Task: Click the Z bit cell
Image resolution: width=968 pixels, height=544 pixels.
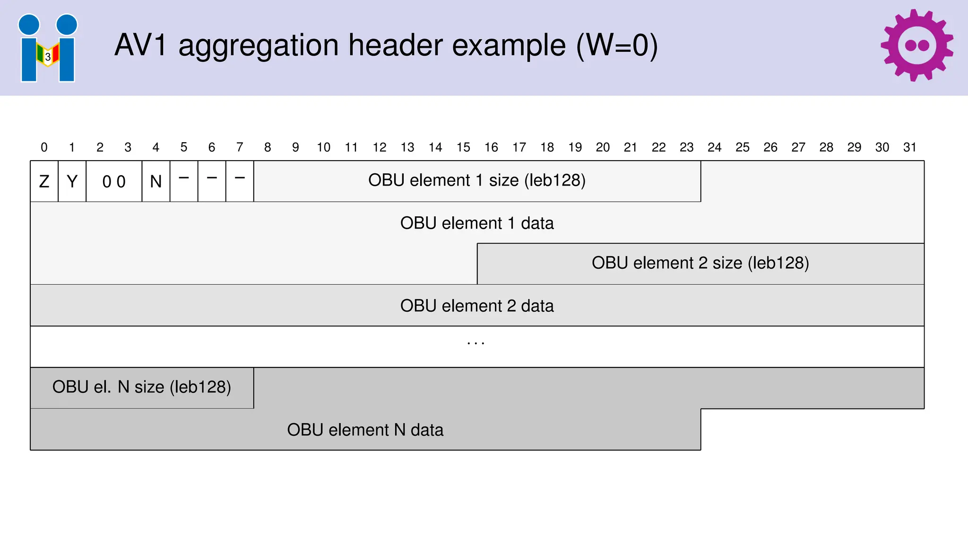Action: point(44,181)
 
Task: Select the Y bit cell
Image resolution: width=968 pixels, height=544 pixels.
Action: point(72,181)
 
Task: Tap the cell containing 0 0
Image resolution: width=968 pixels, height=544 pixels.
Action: point(114,181)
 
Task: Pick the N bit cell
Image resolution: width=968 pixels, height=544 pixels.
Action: point(156,181)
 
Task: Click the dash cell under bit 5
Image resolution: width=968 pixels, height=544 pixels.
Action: point(184,181)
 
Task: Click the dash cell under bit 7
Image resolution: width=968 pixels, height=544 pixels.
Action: point(240,181)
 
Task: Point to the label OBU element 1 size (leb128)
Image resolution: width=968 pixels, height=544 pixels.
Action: point(477,180)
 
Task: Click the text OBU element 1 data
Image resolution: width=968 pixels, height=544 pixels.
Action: point(477,223)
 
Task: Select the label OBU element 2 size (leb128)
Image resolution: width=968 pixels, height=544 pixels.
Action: point(700,263)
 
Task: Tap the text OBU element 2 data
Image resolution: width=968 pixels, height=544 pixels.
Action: point(477,306)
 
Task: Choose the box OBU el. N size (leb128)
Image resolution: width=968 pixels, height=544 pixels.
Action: point(142,387)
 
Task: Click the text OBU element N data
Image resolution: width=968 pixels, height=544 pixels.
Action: point(365,430)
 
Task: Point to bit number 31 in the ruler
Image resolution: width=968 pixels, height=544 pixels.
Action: point(910,147)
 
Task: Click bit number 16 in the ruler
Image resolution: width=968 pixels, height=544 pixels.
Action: point(491,147)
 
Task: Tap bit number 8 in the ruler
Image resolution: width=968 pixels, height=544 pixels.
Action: point(268,147)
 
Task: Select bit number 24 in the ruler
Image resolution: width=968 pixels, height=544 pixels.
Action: point(714,147)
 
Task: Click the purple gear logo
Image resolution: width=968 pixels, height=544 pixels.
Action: point(916,45)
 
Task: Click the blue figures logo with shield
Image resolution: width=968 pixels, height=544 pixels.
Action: point(48,48)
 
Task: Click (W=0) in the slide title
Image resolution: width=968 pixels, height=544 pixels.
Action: point(617,45)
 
